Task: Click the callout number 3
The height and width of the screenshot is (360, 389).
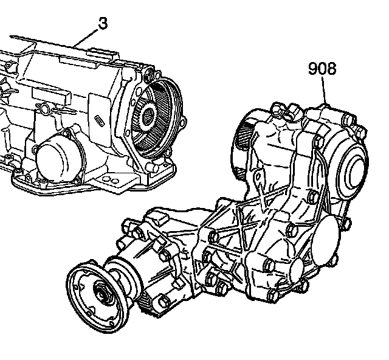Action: point(103,24)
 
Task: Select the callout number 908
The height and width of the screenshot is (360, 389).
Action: point(322,69)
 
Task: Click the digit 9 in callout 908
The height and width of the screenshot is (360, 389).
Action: point(312,69)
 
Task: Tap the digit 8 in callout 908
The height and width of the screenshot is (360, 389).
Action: point(331,69)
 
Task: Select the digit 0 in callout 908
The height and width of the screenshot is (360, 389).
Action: point(322,69)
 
